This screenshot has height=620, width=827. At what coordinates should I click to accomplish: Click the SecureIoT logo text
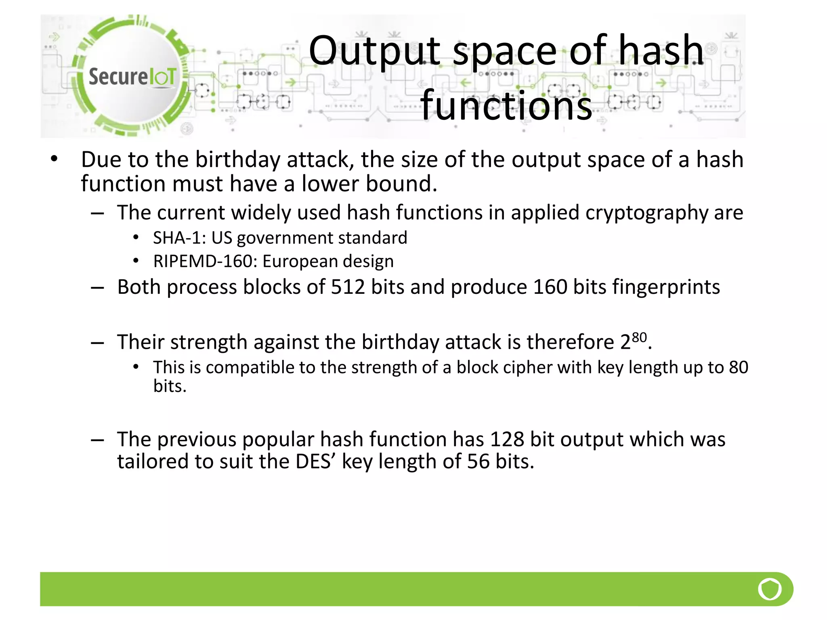pyautogui.click(x=132, y=77)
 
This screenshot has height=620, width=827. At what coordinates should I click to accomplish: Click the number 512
pyautogui.click(x=348, y=287)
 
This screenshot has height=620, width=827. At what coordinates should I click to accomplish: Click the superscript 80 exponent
pyautogui.click(x=639, y=337)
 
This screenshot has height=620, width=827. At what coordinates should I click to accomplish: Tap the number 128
pyautogui.click(x=507, y=439)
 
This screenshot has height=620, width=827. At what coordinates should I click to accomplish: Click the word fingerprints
pyautogui.click(x=666, y=287)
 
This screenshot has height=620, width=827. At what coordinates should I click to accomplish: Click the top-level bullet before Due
pyautogui.click(x=55, y=159)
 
